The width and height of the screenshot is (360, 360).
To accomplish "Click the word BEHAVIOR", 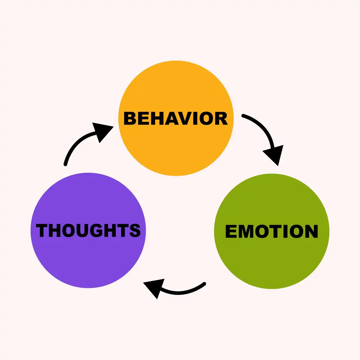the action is click(176, 118).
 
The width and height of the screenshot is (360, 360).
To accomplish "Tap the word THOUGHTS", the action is click(88, 230).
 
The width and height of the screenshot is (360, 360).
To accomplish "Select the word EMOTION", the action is click(271, 231).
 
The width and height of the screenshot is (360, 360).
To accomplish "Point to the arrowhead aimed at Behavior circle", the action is click(102, 131).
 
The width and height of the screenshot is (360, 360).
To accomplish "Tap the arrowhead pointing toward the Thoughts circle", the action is click(154, 288).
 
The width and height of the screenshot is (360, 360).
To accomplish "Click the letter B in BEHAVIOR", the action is click(130, 118).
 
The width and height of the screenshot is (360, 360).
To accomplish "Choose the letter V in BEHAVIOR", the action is click(185, 118).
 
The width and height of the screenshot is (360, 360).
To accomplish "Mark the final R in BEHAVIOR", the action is click(221, 118).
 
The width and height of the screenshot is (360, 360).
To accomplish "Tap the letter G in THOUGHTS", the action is click(96, 230).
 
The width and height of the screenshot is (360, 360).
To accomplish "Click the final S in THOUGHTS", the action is click(135, 230).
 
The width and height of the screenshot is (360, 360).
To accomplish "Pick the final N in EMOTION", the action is click(312, 231).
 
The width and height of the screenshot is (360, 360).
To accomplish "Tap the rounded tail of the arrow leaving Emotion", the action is click(204, 284).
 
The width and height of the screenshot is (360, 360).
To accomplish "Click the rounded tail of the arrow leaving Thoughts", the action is click(66, 165).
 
